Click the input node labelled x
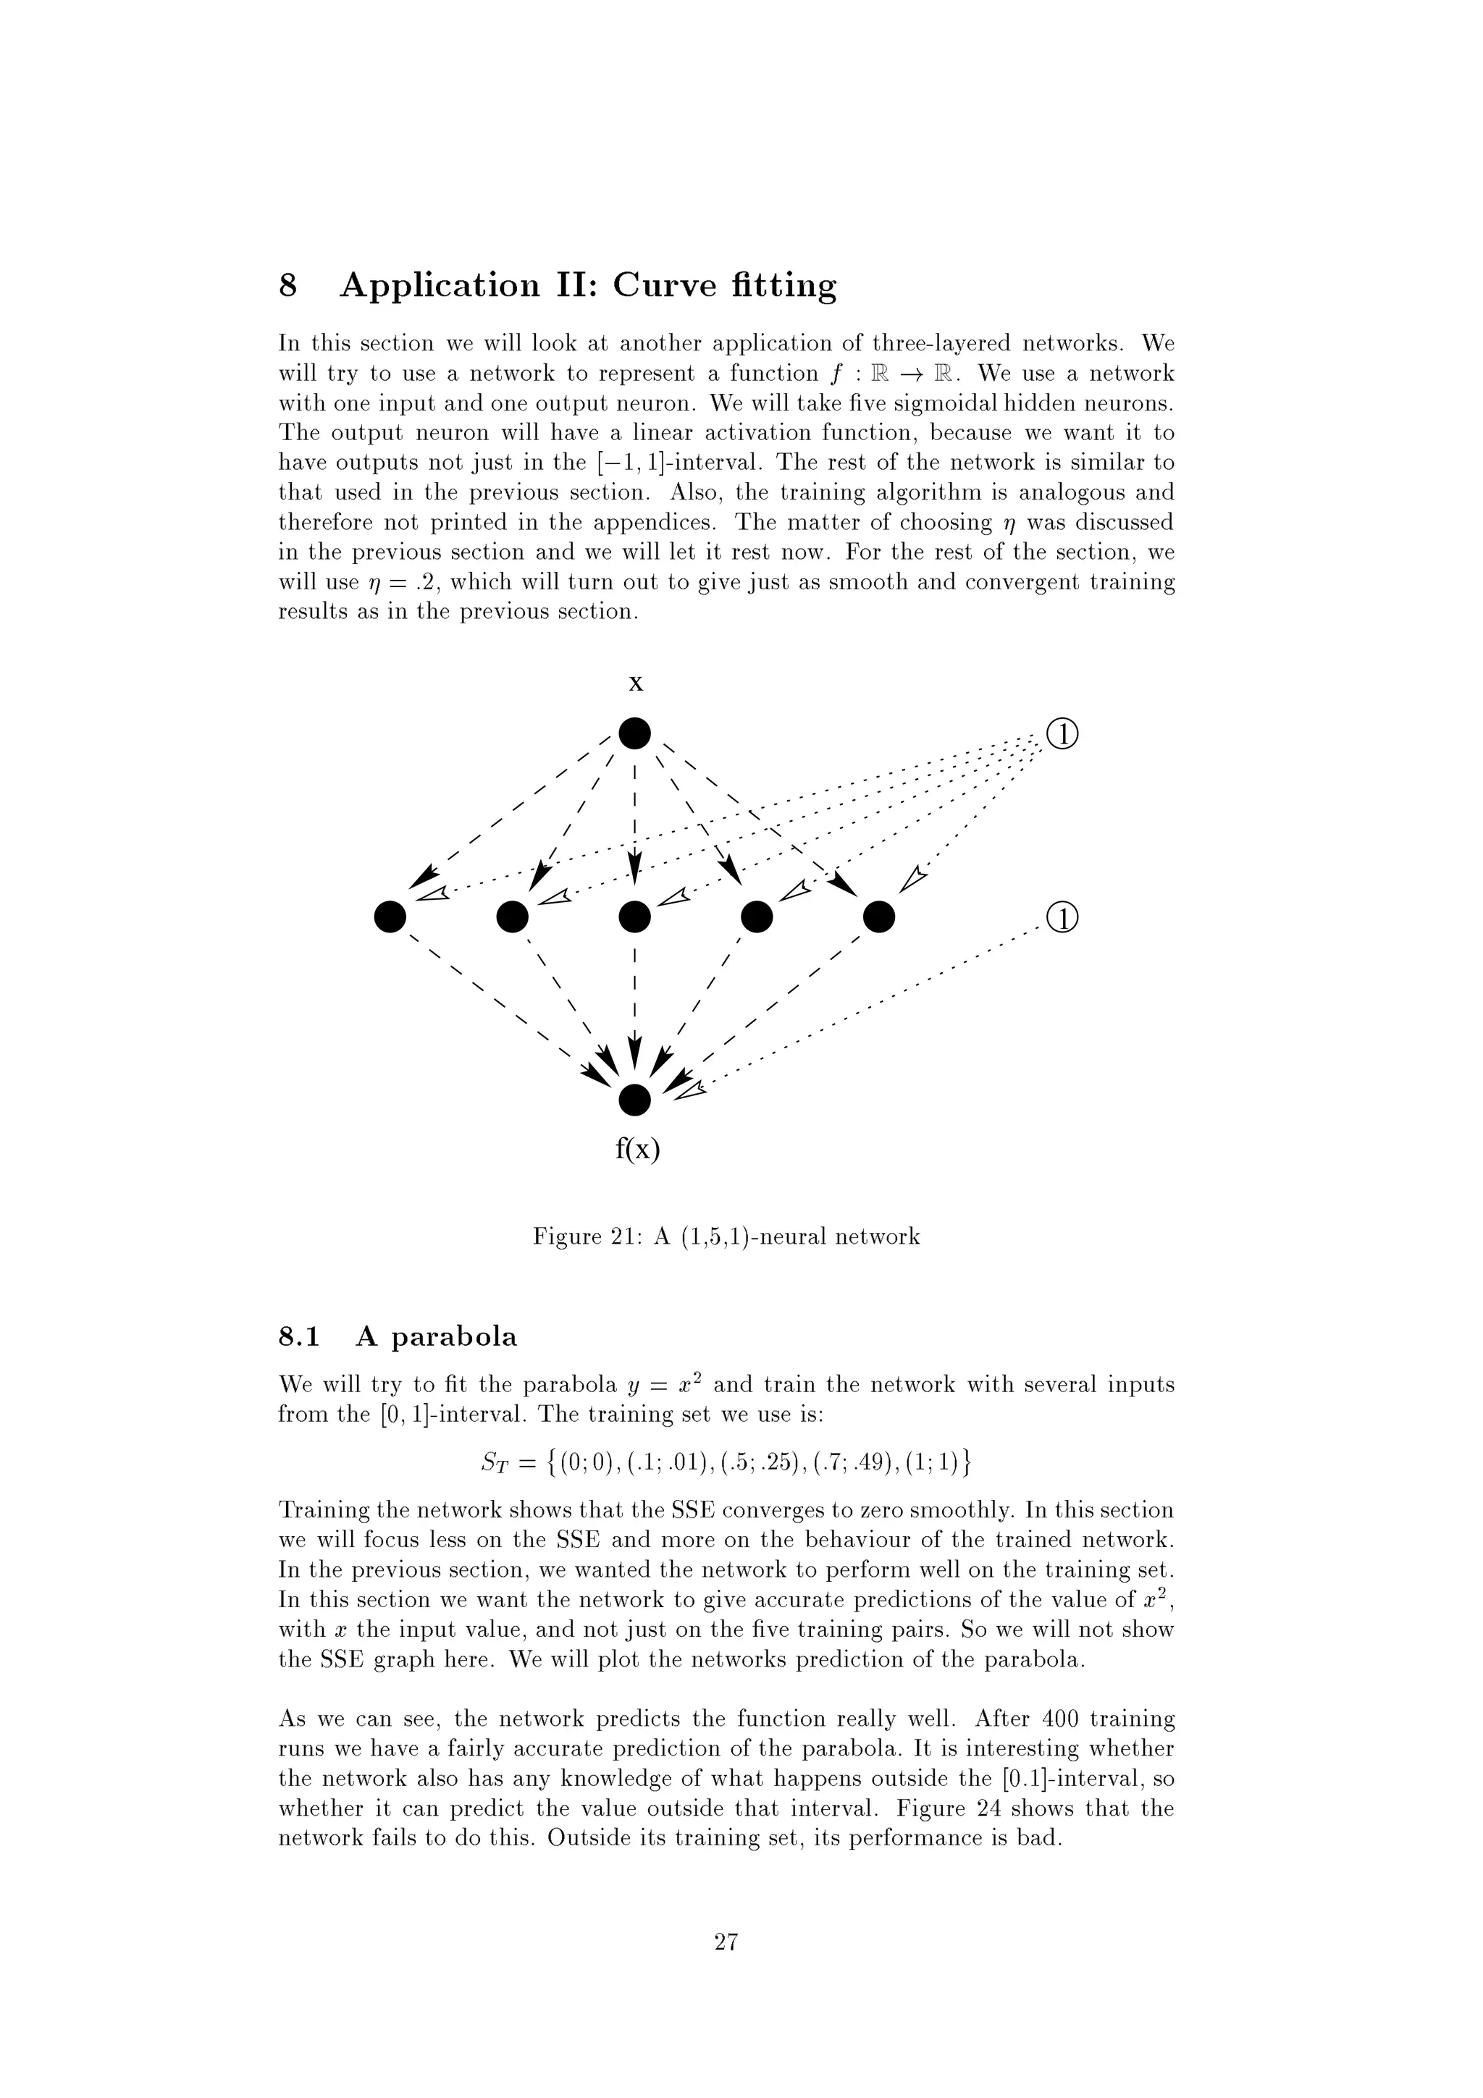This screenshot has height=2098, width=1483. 634,733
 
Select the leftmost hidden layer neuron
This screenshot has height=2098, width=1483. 390,917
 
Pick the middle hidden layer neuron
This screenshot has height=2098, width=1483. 634,917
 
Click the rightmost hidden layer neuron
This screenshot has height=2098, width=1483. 879,917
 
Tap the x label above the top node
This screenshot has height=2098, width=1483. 636,683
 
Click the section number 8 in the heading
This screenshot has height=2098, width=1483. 287,286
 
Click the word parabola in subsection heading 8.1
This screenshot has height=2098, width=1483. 454,1338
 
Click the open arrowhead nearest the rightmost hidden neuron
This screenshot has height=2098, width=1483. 914,879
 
